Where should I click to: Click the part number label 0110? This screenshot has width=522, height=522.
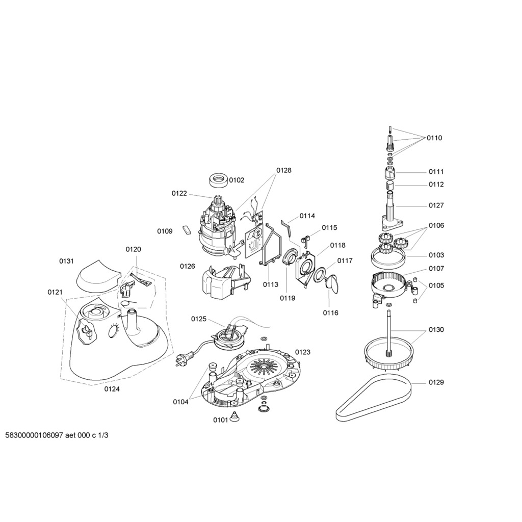(434, 138)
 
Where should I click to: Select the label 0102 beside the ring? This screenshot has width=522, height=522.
(236, 180)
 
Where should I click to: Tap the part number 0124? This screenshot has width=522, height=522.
(112, 389)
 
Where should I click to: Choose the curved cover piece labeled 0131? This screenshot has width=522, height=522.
(97, 275)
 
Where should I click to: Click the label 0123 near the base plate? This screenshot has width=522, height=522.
(302, 352)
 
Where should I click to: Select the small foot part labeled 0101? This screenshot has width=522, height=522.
(234, 417)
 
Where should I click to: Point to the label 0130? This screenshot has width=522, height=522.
(436, 329)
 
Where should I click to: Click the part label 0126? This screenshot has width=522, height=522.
(187, 266)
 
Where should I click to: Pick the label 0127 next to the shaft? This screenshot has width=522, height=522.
(436, 205)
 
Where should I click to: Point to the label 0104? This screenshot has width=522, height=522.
(180, 402)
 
